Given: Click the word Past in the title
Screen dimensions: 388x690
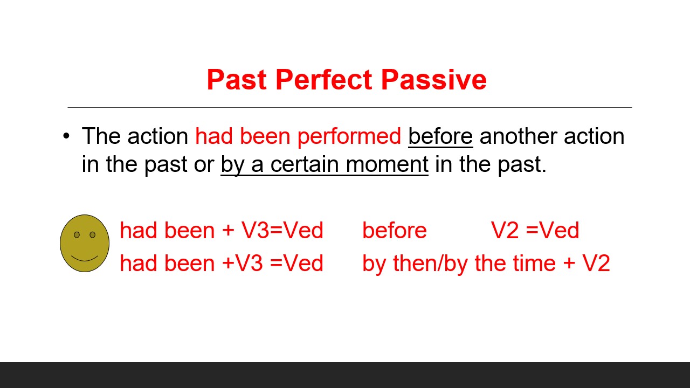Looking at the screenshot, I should [237, 80].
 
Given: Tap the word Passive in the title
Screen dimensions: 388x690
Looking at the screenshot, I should [433, 80].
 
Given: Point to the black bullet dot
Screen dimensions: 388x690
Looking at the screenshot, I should [66, 136].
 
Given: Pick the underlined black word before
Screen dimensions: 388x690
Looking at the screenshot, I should [440, 137].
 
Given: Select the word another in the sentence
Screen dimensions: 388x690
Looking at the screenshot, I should [517, 137].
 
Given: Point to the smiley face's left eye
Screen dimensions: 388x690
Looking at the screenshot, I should [77, 234].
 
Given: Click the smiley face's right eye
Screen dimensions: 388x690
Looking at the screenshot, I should [92, 234].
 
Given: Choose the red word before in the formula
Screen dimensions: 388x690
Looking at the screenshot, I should [394, 231].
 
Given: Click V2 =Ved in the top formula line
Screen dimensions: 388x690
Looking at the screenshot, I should [535, 231].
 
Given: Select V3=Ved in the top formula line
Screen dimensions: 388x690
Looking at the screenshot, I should [282, 231].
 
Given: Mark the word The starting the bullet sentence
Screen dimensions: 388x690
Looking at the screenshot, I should [101, 137].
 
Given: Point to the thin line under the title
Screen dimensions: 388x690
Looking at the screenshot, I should [349, 107].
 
